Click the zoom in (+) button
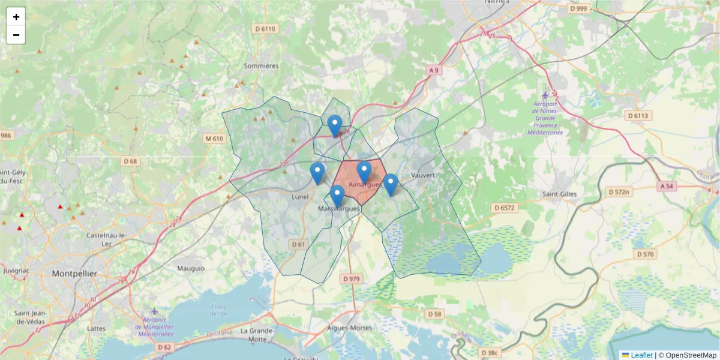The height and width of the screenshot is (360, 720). pos(16,17)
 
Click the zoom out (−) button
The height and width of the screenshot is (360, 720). pos(16,35)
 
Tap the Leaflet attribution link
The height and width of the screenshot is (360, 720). pos(641,355)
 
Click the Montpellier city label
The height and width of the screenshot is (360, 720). pos(74,274)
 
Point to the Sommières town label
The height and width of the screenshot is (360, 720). pos(262,65)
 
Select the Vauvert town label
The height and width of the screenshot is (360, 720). pos(422,175)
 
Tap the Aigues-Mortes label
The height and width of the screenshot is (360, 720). pos(350,328)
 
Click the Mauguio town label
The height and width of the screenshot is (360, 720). pos(191,268)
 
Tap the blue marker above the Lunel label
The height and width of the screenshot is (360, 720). pos(317,173)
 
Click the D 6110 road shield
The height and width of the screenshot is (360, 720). pos(265,28)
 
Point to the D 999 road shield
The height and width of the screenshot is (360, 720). pos(579,8)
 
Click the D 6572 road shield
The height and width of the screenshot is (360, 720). pos(505,208)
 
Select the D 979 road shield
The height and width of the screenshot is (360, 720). pos(352,279)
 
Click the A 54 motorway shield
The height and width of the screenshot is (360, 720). pos(667,187)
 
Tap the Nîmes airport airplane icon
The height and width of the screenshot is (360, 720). pos(545,95)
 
